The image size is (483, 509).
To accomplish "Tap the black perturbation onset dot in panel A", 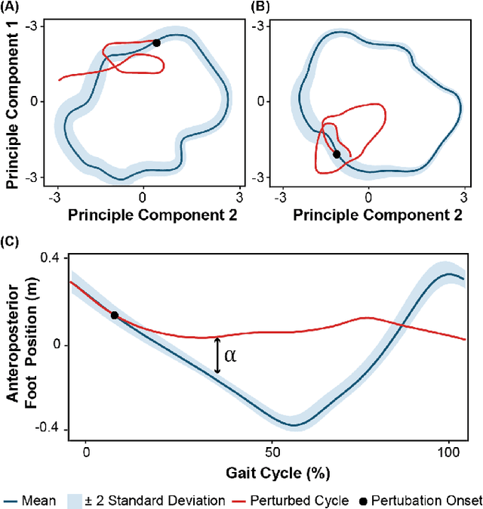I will [x=156, y=43].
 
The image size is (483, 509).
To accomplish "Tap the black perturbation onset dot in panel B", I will [x=337, y=154].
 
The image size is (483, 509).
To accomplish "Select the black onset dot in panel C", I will [x=114, y=315].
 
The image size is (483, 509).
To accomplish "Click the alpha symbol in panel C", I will [x=230, y=356].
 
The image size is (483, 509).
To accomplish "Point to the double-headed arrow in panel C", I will [x=217, y=355].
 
